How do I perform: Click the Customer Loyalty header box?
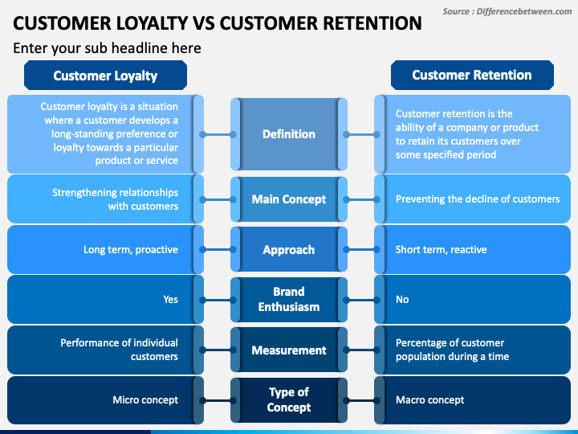[105, 76]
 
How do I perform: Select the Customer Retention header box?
[472, 76]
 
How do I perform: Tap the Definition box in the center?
[289, 134]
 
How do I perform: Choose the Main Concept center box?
[289, 199]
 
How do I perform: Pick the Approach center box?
[289, 250]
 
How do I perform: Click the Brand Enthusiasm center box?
[289, 300]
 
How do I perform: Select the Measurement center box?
[289, 350]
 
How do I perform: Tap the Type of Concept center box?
[289, 400]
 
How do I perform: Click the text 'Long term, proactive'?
[131, 250]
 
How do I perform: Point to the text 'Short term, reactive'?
[442, 250]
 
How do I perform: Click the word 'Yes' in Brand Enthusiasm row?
[171, 299]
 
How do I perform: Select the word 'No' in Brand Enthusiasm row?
[402, 299]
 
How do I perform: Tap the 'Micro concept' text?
[145, 400]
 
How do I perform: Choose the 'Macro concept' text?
[429, 400]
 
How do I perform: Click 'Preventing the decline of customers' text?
[478, 199]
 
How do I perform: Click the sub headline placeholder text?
[107, 48]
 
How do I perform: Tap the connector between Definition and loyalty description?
[218, 135]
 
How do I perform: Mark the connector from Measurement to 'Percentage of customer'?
[361, 350]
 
